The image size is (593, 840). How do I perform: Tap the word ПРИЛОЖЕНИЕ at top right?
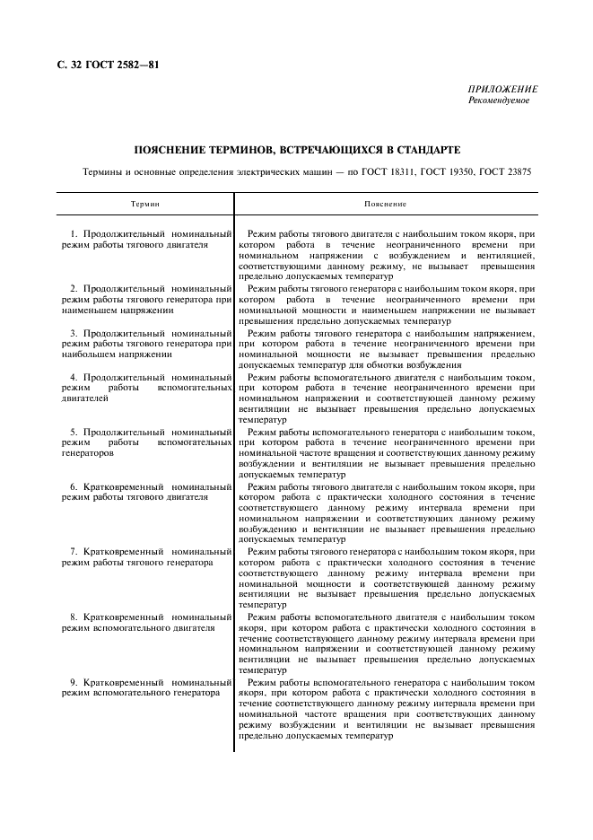503,90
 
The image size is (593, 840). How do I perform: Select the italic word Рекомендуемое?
499,101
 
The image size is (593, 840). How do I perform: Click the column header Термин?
145,205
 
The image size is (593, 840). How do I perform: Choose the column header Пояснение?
385,205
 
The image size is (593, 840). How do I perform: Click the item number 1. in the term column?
75,233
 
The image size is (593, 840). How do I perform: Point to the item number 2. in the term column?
75,288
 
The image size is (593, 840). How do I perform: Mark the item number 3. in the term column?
75,332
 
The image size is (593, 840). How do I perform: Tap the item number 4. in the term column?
75,376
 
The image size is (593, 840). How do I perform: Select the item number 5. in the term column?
75,431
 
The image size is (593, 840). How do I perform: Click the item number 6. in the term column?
75,486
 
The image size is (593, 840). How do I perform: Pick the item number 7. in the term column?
75,551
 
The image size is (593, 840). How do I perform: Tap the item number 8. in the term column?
75,617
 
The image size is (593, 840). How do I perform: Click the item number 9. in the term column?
75,682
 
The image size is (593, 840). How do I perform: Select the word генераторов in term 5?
89,453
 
